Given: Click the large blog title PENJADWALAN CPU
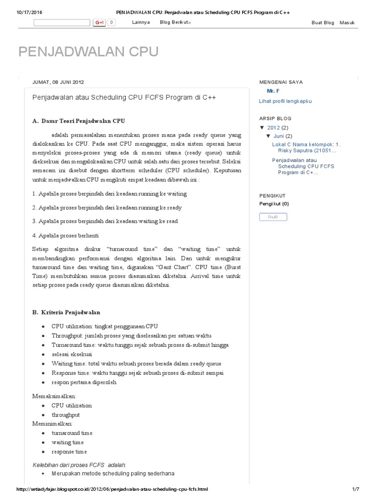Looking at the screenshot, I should [88, 52].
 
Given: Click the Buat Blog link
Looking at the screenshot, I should [323, 23].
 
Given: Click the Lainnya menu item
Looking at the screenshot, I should [141, 23].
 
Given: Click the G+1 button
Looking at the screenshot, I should [100, 23].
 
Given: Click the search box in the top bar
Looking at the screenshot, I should [62, 23].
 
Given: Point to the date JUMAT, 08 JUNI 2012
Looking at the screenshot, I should [61, 82].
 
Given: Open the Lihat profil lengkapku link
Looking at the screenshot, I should [285, 101].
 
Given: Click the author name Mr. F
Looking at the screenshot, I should [273, 91].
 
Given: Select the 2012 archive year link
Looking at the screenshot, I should [273, 128].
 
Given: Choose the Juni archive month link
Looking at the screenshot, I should [278, 136].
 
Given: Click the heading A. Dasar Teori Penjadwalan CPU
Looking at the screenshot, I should [79, 120].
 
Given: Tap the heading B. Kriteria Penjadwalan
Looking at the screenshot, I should [67, 312].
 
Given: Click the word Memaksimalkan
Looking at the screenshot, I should [54, 396].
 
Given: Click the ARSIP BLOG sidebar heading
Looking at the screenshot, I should [275, 118].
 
